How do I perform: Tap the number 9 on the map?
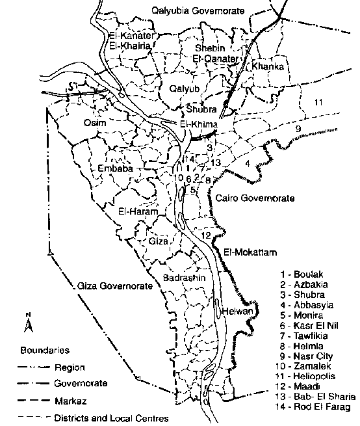click(298, 129)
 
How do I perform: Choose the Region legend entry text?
click(70, 367)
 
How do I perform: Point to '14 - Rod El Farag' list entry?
click(311, 408)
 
